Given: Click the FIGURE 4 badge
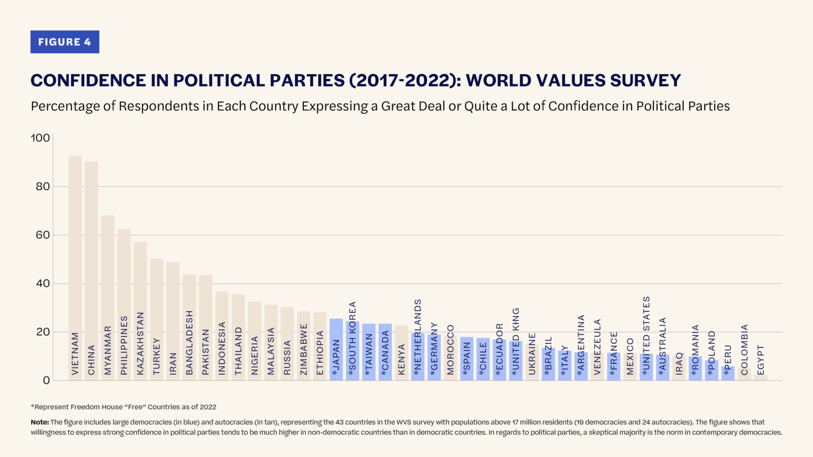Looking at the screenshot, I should click(x=65, y=42).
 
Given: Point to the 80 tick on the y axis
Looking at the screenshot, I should click(x=43, y=186).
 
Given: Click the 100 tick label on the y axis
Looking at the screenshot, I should click(x=41, y=138).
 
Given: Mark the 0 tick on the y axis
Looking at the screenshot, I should click(x=46, y=380).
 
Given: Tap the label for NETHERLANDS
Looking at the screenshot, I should click(x=418, y=337).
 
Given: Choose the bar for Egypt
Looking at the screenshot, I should click(x=761, y=377).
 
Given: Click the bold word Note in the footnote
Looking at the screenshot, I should click(x=40, y=422).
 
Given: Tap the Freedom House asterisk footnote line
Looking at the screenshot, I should click(x=123, y=407).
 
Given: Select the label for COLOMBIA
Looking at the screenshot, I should click(x=744, y=349).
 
